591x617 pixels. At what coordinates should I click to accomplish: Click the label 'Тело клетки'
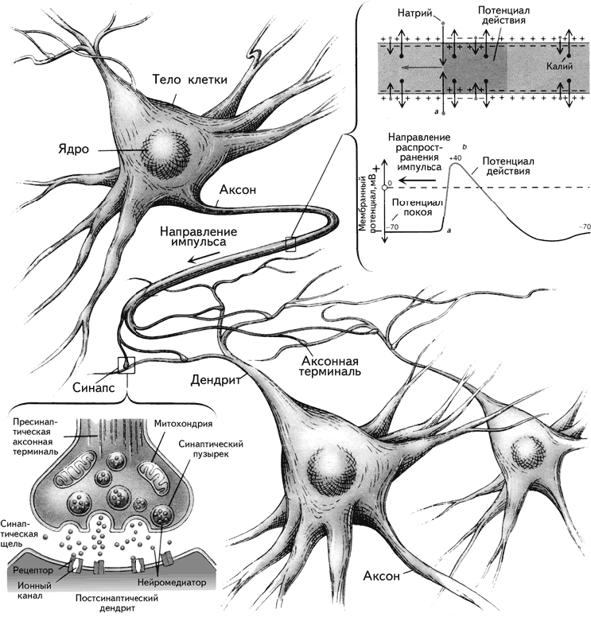(x=191, y=80)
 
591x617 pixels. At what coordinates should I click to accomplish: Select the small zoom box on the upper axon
(x=290, y=244)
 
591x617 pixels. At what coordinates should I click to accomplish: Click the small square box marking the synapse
(x=126, y=365)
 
